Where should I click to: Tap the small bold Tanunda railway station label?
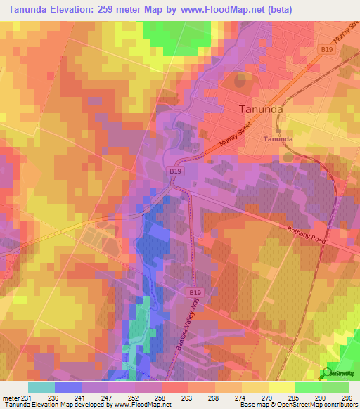point(278,139)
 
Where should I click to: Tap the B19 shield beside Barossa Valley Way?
point(195,291)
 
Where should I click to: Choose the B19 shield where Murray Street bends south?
point(175,170)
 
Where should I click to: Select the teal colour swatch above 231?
point(41,387)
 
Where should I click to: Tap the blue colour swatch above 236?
point(67,387)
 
